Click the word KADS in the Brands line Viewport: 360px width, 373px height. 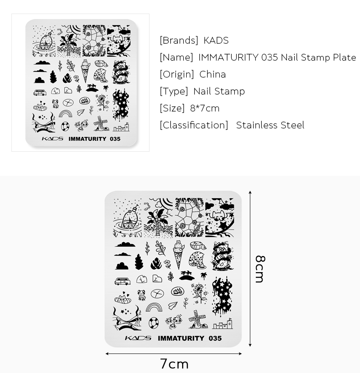coord(216,40)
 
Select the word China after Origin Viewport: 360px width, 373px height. coord(213,74)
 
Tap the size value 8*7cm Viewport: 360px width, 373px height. coord(205,108)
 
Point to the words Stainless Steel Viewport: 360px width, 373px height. coord(270,125)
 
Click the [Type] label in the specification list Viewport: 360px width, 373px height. coord(174,92)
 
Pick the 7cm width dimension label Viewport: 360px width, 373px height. coord(174,364)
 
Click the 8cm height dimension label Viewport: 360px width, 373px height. coord(260,269)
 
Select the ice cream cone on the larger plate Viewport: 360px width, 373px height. coord(179,255)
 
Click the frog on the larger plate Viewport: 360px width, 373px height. coord(141,295)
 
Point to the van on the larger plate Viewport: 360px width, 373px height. coord(122,281)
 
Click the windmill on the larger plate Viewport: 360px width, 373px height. coord(197,319)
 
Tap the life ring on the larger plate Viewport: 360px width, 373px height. coord(153,323)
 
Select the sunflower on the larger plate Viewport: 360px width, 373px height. coord(199,292)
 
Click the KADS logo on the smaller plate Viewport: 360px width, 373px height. coord(52,139)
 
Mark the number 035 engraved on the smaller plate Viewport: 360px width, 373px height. coord(115,139)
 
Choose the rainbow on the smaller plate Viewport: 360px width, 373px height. coord(65,114)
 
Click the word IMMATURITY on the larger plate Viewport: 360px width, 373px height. coord(181,338)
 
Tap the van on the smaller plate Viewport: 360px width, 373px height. coord(40,92)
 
